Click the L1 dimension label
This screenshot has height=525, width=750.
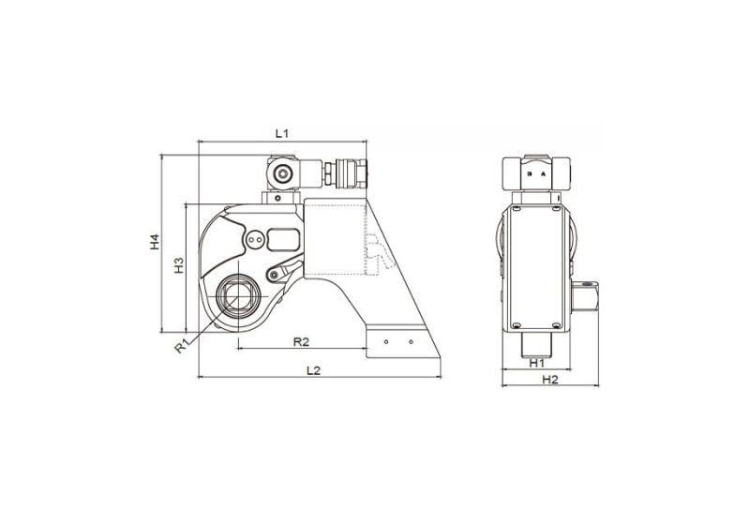click(x=280, y=134)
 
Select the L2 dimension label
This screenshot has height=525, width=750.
click(x=314, y=370)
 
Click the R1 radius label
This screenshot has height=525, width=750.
click(x=182, y=347)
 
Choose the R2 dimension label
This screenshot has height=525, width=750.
click(x=302, y=339)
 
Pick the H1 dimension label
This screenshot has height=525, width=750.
click(x=537, y=362)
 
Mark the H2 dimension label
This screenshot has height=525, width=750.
click(x=550, y=379)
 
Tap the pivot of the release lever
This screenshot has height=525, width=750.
click(x=274, y=275)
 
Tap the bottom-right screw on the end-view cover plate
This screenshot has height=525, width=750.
click(x=560, y=324)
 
